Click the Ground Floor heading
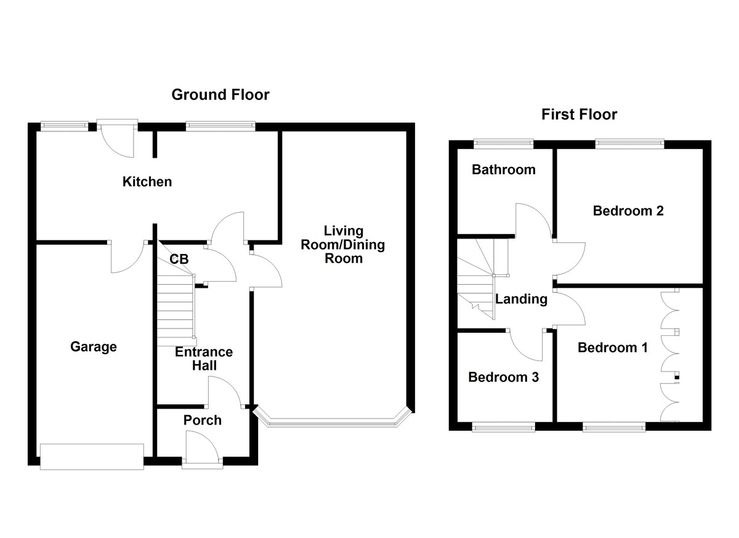point(220,95)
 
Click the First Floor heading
point(579,114)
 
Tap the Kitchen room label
point(147,182)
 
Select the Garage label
point(93,347)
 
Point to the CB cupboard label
point(179,259)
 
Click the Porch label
point(203,420)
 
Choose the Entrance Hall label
point(204,359)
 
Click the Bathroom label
point(503,169)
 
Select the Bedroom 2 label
point(628,211)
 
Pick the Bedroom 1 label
point(612,348)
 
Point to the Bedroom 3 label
point(503,377)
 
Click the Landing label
point(521,300)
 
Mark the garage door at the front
point(92,457)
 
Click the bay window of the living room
point(333,422)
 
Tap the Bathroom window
point(503,144)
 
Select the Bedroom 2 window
point(629,144)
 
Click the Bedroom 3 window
point(504,426)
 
